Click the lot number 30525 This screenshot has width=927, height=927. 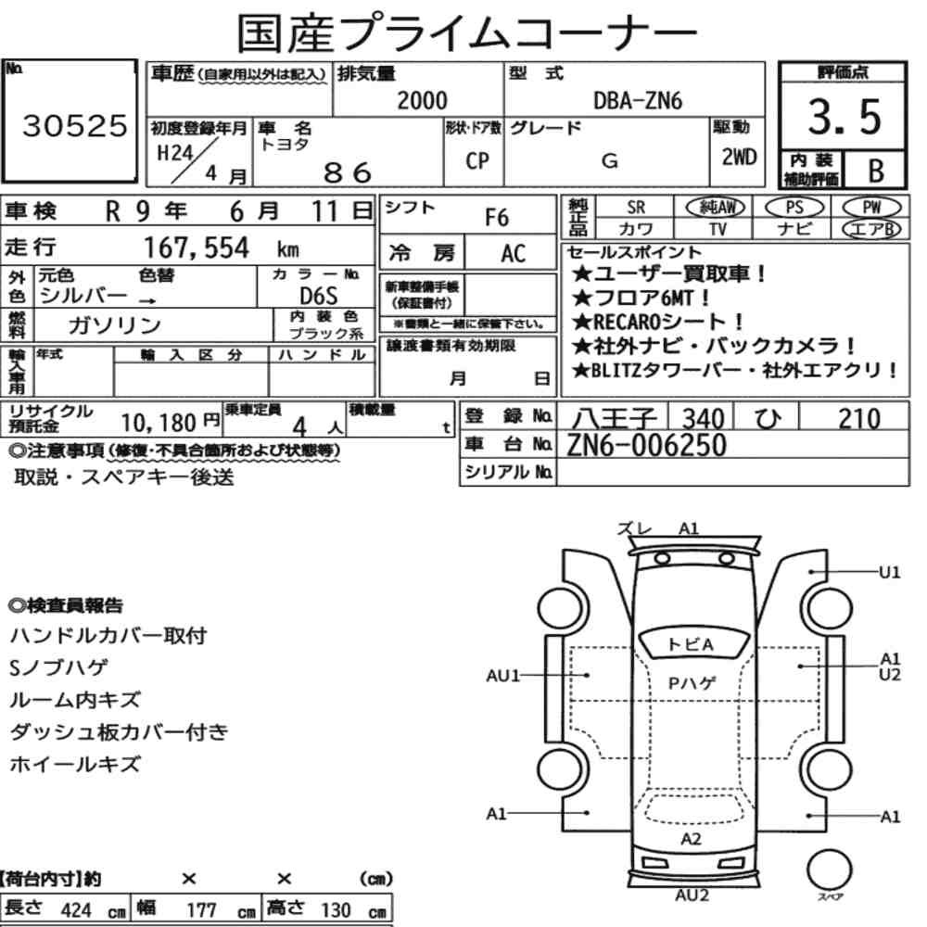pyautogui.click(x=74, y=125)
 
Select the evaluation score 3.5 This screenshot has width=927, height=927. pyautogui.click(x=844, y=117)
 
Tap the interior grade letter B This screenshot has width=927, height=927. pyautogui.click(x=876, y=171)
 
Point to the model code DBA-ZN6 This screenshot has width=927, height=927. pyautogui.click(x=638, y=101)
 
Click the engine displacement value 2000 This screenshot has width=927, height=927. pyautogui.click(x=422, y=100)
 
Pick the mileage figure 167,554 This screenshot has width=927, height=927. pyautogui.click(x=197, y=248)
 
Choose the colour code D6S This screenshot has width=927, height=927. pyautogui.click(x=319, y=296)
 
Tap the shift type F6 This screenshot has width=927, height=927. pyautogui.click(x=497, y=218)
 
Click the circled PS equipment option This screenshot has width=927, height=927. pyautogui.click(x=794, y=208)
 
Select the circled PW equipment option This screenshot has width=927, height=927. pyautogui.click(x=871, y=208)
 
